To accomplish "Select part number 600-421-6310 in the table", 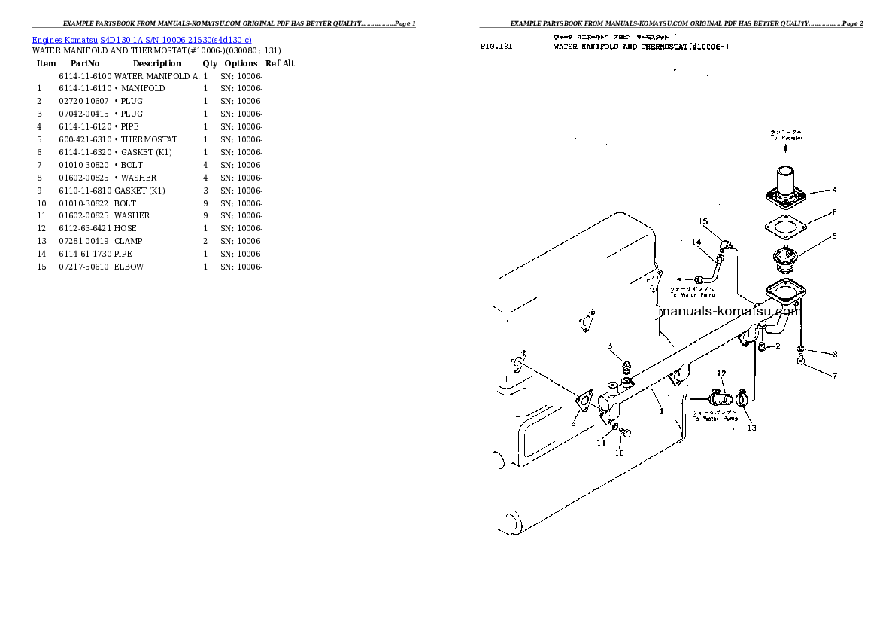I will tap(84, 139).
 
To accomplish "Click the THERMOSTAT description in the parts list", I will tap(149, 139).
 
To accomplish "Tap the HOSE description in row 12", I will tap(125, 228).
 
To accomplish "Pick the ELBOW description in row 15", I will tap(129, 267).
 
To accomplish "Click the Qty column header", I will tap(210, 63).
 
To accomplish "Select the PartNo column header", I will tap(85, 63).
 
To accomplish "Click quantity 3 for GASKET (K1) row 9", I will tap(205, 191).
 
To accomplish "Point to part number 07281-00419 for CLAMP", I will tap(84, 241).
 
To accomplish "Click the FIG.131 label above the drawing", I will tap(496, 47).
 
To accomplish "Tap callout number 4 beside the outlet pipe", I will tap(834, 190).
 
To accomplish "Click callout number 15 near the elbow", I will tap(703, 221).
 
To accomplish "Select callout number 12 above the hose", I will tap(721, 373).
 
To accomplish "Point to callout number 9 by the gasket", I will tap(573, 425).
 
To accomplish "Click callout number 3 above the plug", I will tap(611, 346).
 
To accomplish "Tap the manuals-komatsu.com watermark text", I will tap(727, 311).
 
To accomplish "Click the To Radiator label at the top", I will tap(786, 136).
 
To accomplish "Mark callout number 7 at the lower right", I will tap(834, 375).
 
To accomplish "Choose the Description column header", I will tap(156, 63).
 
